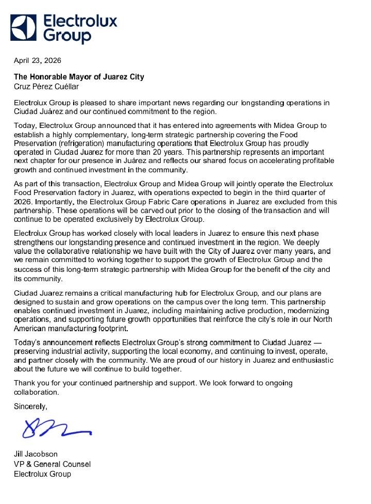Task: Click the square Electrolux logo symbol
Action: click(x=23, y=28)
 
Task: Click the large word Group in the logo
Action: click(x=66, y=36)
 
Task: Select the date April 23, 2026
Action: click(x=37, y=61)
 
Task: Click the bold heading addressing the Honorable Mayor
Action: click(x=79, y=77)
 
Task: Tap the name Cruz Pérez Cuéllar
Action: click(x=46, y=87)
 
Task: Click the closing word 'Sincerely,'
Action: click(x=30, y=406)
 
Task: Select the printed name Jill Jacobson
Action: click(x=36, y=454)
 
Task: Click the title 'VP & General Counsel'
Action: click(x=52, y=464)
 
